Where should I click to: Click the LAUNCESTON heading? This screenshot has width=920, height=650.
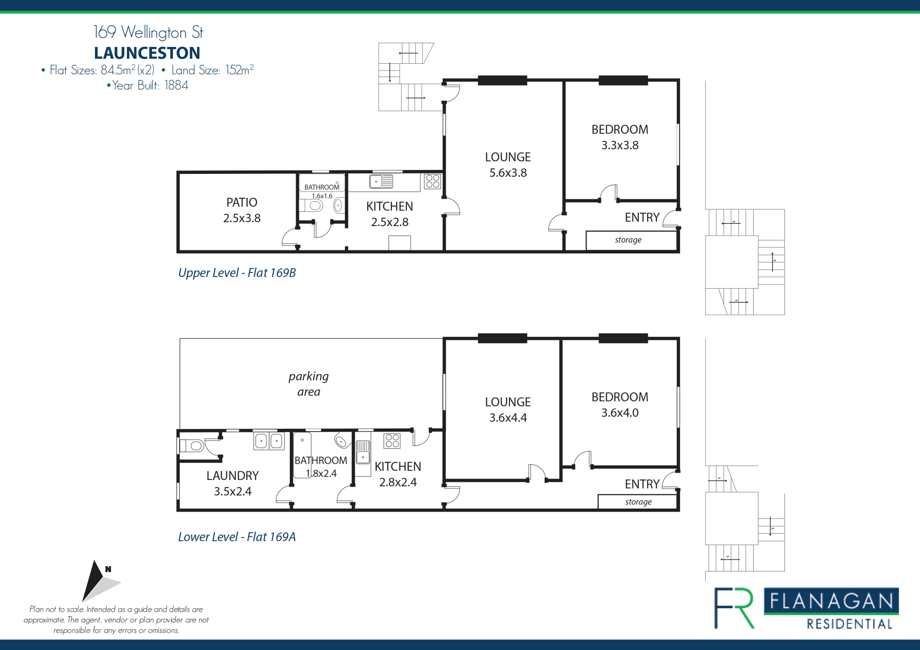pos(147,53)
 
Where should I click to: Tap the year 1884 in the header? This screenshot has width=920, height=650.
pos(176,85)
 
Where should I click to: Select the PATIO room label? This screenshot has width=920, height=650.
pos(242,203)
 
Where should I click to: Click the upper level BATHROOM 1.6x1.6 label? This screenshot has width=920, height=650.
pos(322,191)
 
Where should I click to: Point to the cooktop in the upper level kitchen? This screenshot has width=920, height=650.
pos(433,181)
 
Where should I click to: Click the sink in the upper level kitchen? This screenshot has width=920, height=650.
pos(381,182)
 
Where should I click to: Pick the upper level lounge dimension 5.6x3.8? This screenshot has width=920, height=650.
pos(508,173)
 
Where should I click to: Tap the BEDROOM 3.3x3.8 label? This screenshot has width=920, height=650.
pos(620,137)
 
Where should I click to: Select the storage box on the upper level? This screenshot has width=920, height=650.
pos(631,240)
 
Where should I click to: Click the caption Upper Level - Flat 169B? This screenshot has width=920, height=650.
pos(237,273)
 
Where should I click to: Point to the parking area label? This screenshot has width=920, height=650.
pos(309,384)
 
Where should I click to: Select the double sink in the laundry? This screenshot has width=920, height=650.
pos(269,441)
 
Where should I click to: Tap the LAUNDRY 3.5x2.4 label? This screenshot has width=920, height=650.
pos(232,483)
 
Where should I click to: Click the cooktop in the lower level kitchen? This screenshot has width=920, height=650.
pos(392,441)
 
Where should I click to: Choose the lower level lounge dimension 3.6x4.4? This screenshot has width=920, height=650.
pos(508,418)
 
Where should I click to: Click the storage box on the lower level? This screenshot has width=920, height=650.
pos(638,502)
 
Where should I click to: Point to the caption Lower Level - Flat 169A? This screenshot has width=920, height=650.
pos(237,537)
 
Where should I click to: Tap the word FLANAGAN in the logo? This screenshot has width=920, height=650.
pos(831,601)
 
